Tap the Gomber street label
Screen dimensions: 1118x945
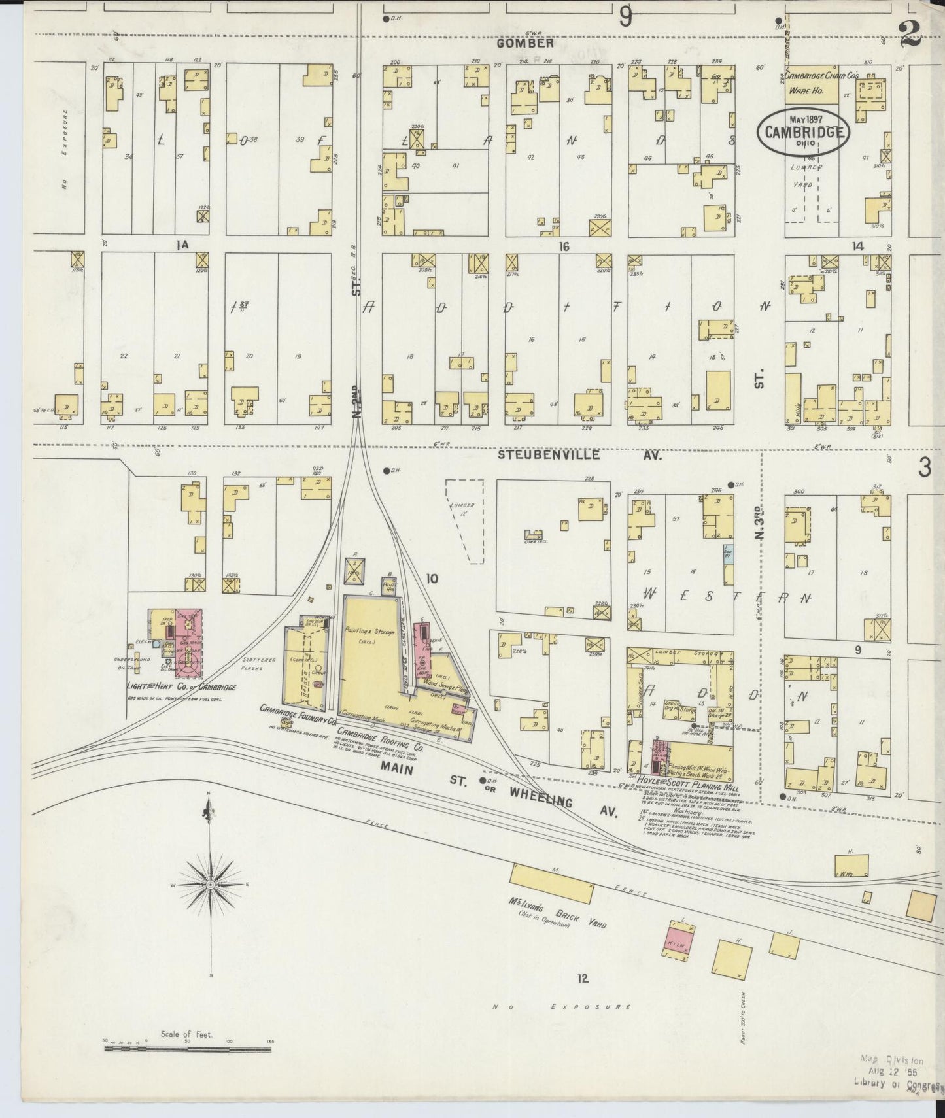point(524,44)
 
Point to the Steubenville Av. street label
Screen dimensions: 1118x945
point(579,455)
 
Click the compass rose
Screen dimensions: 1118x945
point(211,885)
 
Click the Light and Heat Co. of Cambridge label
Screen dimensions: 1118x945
point(181,688)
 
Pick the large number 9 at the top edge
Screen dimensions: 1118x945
point(626,16)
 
